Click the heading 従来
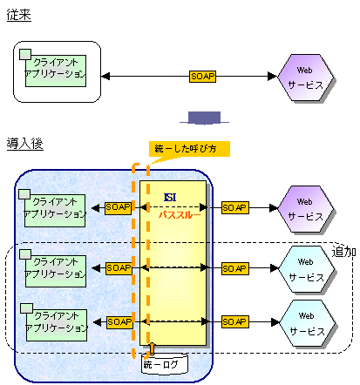click(19, 15)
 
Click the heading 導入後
click(25, 144)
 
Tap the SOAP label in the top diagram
click(202, 77)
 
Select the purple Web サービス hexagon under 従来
click(306, 78)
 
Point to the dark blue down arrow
click(204, 118)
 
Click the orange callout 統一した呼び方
click(189, 149)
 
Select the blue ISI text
click(170, 198)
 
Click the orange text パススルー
click(180, 215)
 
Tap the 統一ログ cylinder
click(165, 364)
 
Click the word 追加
click(344, 252)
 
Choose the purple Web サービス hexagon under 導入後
click(306, 209)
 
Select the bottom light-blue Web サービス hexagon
click(308, 323)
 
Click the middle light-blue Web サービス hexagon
click(307, 269)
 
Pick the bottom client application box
click(55, 323)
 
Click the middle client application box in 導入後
click(54, 268)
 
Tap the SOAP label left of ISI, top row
click(118, 208)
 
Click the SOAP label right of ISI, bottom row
click(235, 322)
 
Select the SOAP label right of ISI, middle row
click(235, 268)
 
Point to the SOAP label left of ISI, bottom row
click(119, 322)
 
